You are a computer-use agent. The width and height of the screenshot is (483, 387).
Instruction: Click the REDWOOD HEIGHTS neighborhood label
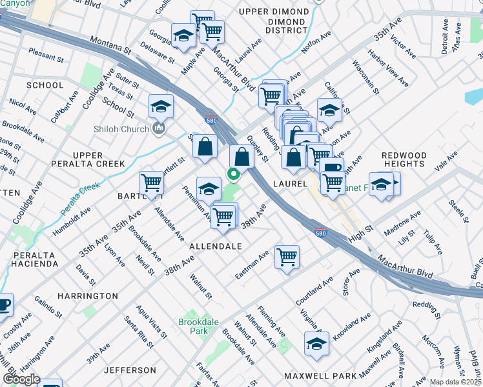click(x=404, y=160)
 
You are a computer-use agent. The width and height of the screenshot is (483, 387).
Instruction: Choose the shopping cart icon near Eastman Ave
click(x=287, y=256)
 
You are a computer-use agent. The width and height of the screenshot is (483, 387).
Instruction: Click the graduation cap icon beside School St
click(x=161, y=105)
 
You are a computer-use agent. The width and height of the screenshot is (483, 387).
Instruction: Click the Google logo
click(x=21, y=379)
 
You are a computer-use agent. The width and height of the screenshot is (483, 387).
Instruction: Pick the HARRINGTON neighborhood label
click(x=87, y=296)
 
